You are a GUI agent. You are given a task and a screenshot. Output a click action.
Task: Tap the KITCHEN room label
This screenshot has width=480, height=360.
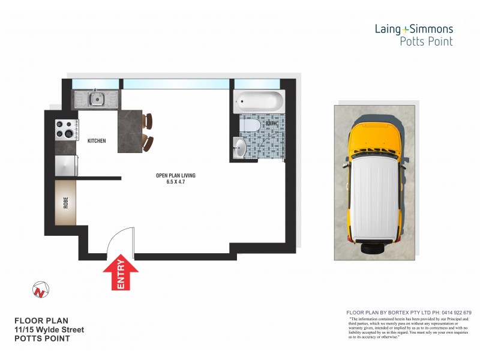97,141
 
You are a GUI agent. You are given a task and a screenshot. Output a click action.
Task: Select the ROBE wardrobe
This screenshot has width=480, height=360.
65,202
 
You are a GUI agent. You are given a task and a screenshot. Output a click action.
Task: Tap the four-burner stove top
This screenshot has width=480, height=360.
66,129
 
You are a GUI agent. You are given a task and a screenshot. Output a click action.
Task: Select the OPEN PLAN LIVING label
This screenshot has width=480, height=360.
176,175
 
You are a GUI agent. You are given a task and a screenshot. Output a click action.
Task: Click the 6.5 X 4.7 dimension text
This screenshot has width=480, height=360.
176,182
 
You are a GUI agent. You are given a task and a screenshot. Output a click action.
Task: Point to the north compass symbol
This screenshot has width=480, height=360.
40,290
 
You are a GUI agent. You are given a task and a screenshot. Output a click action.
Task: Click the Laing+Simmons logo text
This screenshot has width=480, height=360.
413,29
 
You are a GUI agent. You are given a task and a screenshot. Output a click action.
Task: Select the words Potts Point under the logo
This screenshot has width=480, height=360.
426,41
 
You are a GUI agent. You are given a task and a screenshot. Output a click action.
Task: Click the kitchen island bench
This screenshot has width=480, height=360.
130,131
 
